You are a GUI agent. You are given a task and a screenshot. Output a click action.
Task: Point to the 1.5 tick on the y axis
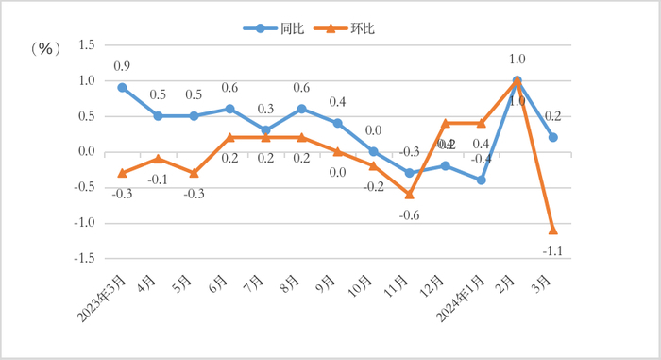tap(86, 45)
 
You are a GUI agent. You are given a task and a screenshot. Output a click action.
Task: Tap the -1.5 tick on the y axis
tap(84, 258)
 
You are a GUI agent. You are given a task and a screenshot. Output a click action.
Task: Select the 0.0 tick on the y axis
tap(86, 152)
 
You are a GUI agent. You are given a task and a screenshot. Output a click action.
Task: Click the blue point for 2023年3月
tap(122, 87)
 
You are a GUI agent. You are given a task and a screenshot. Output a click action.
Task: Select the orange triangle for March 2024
tap(552, 230)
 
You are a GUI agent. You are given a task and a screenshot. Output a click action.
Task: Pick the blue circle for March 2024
tap(552, 137)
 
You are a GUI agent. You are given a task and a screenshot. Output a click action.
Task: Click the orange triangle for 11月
tap(409, 194)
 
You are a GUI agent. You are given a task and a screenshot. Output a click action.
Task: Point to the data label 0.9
tap(122, 66)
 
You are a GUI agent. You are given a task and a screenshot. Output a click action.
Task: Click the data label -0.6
tap(409, 214)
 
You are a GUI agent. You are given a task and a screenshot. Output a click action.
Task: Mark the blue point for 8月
tap(301, 109)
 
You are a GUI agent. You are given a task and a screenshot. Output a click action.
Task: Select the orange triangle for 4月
tap(158, 159)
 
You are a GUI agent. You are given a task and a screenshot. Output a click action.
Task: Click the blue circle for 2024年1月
tap(481, 180)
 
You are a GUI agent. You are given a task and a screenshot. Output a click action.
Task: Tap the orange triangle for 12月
tap(445, 123)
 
